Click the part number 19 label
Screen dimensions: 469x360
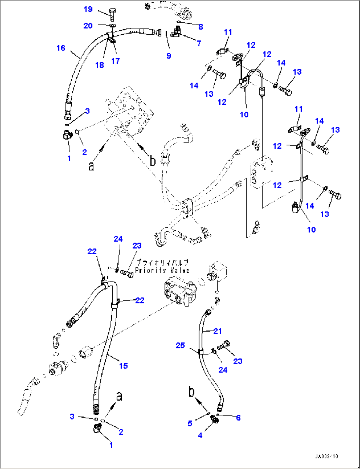pyautogui.click(x=88, y=9)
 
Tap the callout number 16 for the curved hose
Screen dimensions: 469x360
pyautogui.click(x=61, y=48)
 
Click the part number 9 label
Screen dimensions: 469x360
pyautogui.click(x=169, y=56)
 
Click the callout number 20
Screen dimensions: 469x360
pyautogui.click(x=88, y=26)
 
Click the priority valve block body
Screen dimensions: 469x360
pyautogui.click(x=180, y=291)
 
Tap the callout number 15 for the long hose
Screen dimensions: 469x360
pyautogui.click(x=123, y=366)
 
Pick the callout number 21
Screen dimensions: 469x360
pyautogui.click(x=217, y=331)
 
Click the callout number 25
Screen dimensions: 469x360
pyautogui.click(x=180, y=345)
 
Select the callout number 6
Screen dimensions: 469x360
pyautogui.click(x=238, y=418)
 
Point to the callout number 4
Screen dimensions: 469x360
pyautogui.click(x=200, y=436)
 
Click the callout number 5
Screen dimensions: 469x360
pyautogui.click(x=190, y=423)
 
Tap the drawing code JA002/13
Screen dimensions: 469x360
pyautogui.click(x=326, y=456)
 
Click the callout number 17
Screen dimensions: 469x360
pyautogui.click(x=115, y=61)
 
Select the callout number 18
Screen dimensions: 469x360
pyautogui.click(x=99, y=65)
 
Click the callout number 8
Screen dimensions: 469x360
pyautogui.click(x=200, y=27)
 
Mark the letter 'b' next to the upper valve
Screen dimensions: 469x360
pyautogui.click(x=152, y=161)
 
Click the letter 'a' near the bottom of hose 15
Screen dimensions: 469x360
pyautogui.click(x=119, y=396)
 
